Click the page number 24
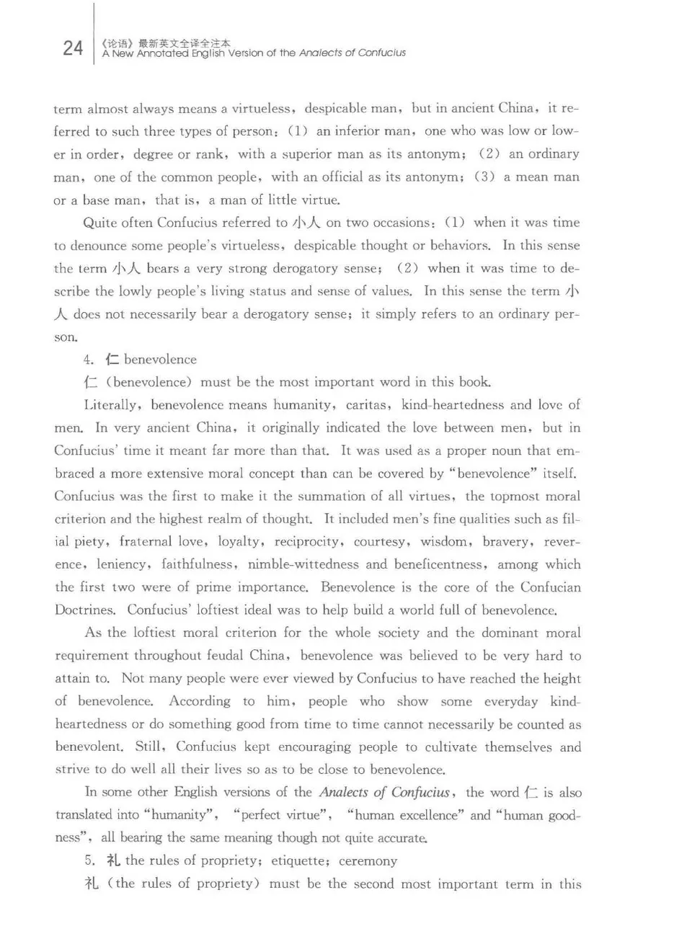point(73,48)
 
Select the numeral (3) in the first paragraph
point(484,177)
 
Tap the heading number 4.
point(89,360)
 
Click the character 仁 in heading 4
point(112,359)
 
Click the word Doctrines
point(84,610)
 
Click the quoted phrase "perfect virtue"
point(283,815)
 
